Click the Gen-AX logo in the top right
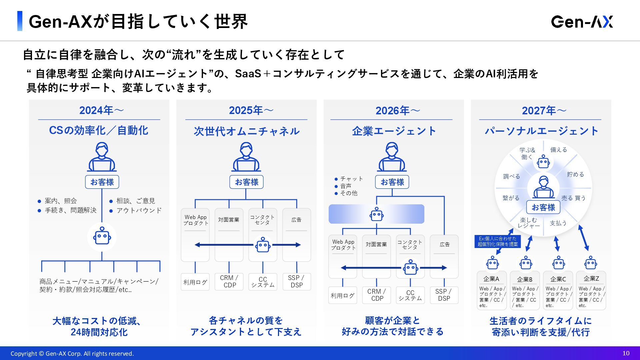click(582, 22)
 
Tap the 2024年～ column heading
click(101, 110)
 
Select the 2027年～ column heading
click(544, 110)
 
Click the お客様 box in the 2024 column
click(102, 182)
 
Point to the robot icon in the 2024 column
click(102, 237)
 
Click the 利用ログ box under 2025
click(195, 282)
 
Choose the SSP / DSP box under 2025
click(296, 281)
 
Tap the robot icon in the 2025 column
click(263, 245)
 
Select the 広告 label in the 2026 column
click(444, 244)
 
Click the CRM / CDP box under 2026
click(377, 295)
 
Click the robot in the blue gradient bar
click(377, 214)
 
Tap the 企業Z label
click(591, 279)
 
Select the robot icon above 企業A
click(492, 263)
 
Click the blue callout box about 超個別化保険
click(497, 241)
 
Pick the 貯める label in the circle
click(575, 174)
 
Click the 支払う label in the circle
click(558, 223)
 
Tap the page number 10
click(626, 353)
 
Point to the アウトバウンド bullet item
click(139, 210)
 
